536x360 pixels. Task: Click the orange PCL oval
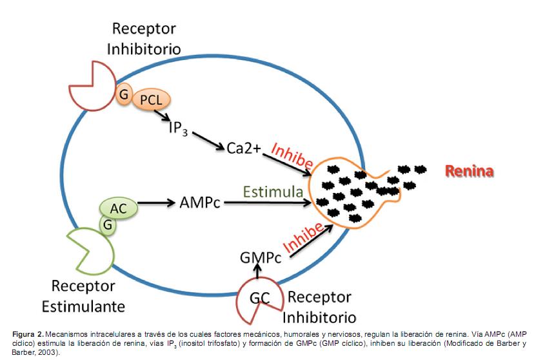pos(151,99)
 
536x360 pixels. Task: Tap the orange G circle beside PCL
pos(123,94)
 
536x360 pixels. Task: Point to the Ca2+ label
pos(244,148)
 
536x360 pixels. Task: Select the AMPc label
pos(199,203)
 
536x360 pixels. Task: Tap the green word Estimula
pos(273,192)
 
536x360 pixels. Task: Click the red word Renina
pos(469,171)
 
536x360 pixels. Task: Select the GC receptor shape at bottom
pos(259,299)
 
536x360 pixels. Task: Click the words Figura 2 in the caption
pos(26,334)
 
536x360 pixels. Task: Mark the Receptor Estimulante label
pos(83,295)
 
